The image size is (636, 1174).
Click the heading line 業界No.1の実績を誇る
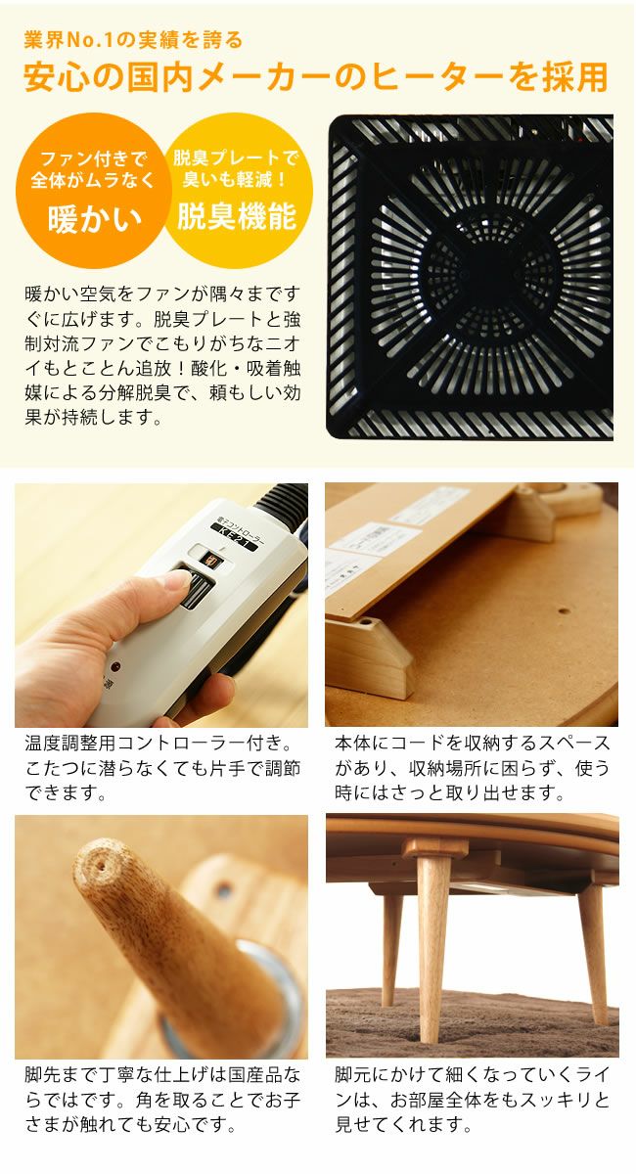point(133,40)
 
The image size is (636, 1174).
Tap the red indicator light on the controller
point(115,667)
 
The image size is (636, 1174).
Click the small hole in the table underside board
point(564,611)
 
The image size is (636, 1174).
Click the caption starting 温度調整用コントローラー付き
point(162,768)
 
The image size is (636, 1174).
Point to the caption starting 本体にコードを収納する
point(473,768)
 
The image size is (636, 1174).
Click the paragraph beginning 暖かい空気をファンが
point(162,356)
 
